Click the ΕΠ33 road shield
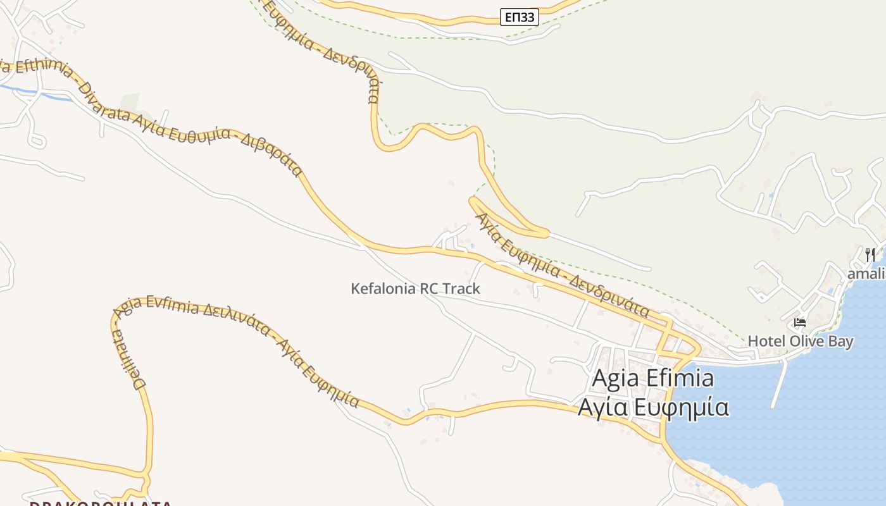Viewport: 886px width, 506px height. (520, 17)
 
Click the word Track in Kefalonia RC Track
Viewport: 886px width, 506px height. (461, 289)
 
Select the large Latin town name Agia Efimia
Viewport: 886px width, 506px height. (652, 378)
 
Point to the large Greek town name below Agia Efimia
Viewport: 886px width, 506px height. (652, 407)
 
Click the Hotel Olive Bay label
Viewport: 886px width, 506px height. (801, 342)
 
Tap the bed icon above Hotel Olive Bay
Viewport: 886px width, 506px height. (800, 323)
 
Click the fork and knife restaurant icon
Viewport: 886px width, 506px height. (871, 255)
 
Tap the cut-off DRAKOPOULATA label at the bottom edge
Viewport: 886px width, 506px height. (101, 503)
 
